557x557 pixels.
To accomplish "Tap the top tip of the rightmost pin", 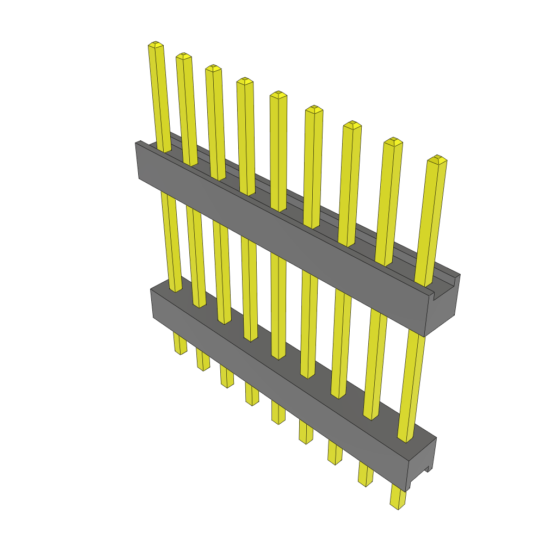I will click(x=437, y=159).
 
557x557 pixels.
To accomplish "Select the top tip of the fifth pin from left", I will click(x=278, y=95).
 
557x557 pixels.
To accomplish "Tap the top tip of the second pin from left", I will click(x=183, y=56).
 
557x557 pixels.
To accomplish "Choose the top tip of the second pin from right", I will click(x=393, y=141).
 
